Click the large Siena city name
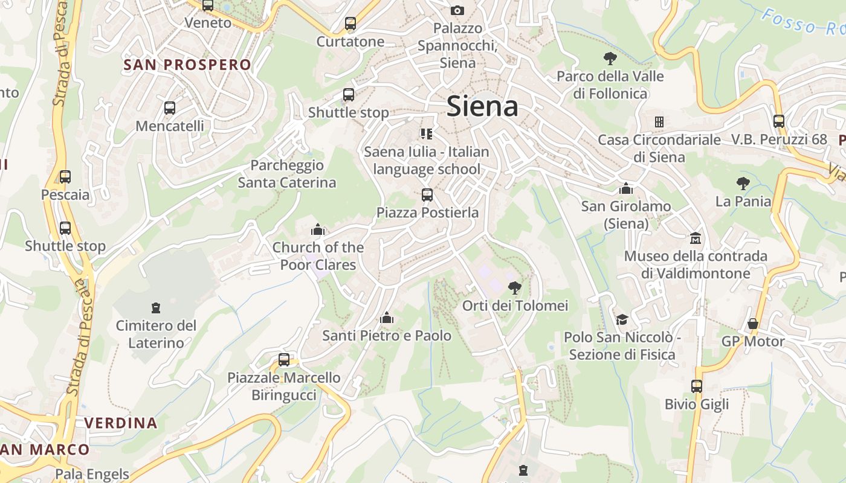click(482, 107)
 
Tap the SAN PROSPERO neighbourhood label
click(187, 65)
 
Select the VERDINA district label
click(121, 423)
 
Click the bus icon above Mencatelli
click(170, 108)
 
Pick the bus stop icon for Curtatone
click(350, 24)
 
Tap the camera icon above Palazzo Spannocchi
click(457, 10)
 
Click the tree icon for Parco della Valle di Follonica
click(610, 59)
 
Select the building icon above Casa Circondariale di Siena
click(659, 122)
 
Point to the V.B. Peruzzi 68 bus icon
click(779, 121)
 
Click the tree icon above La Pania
click(743, 184)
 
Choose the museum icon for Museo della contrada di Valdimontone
click(696, 238)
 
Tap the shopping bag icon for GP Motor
click(753, 324)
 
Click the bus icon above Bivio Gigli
click(697, 386)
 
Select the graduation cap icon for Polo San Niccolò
click(622, 319)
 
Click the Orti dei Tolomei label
click(515, 305)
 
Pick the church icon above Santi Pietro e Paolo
click(387, 318)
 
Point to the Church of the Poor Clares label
click(318, 256)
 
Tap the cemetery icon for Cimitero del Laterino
click(157, 308)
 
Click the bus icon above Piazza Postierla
click(427, 195)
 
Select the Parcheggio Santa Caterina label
click(287, 174)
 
